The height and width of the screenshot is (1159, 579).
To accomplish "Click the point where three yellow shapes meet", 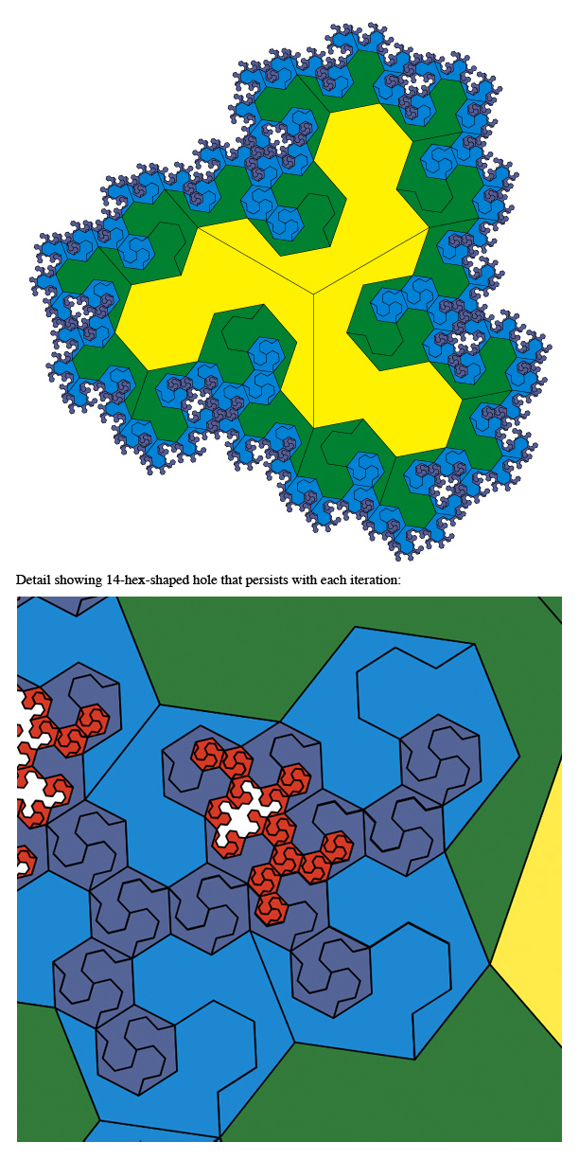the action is pyautogui.click(x=314, y=294).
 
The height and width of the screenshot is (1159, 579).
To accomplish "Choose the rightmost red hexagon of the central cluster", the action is pyautogui.click(x=337, y=847).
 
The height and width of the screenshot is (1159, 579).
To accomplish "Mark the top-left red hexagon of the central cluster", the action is pyautogui.click(x=208, y=754).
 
